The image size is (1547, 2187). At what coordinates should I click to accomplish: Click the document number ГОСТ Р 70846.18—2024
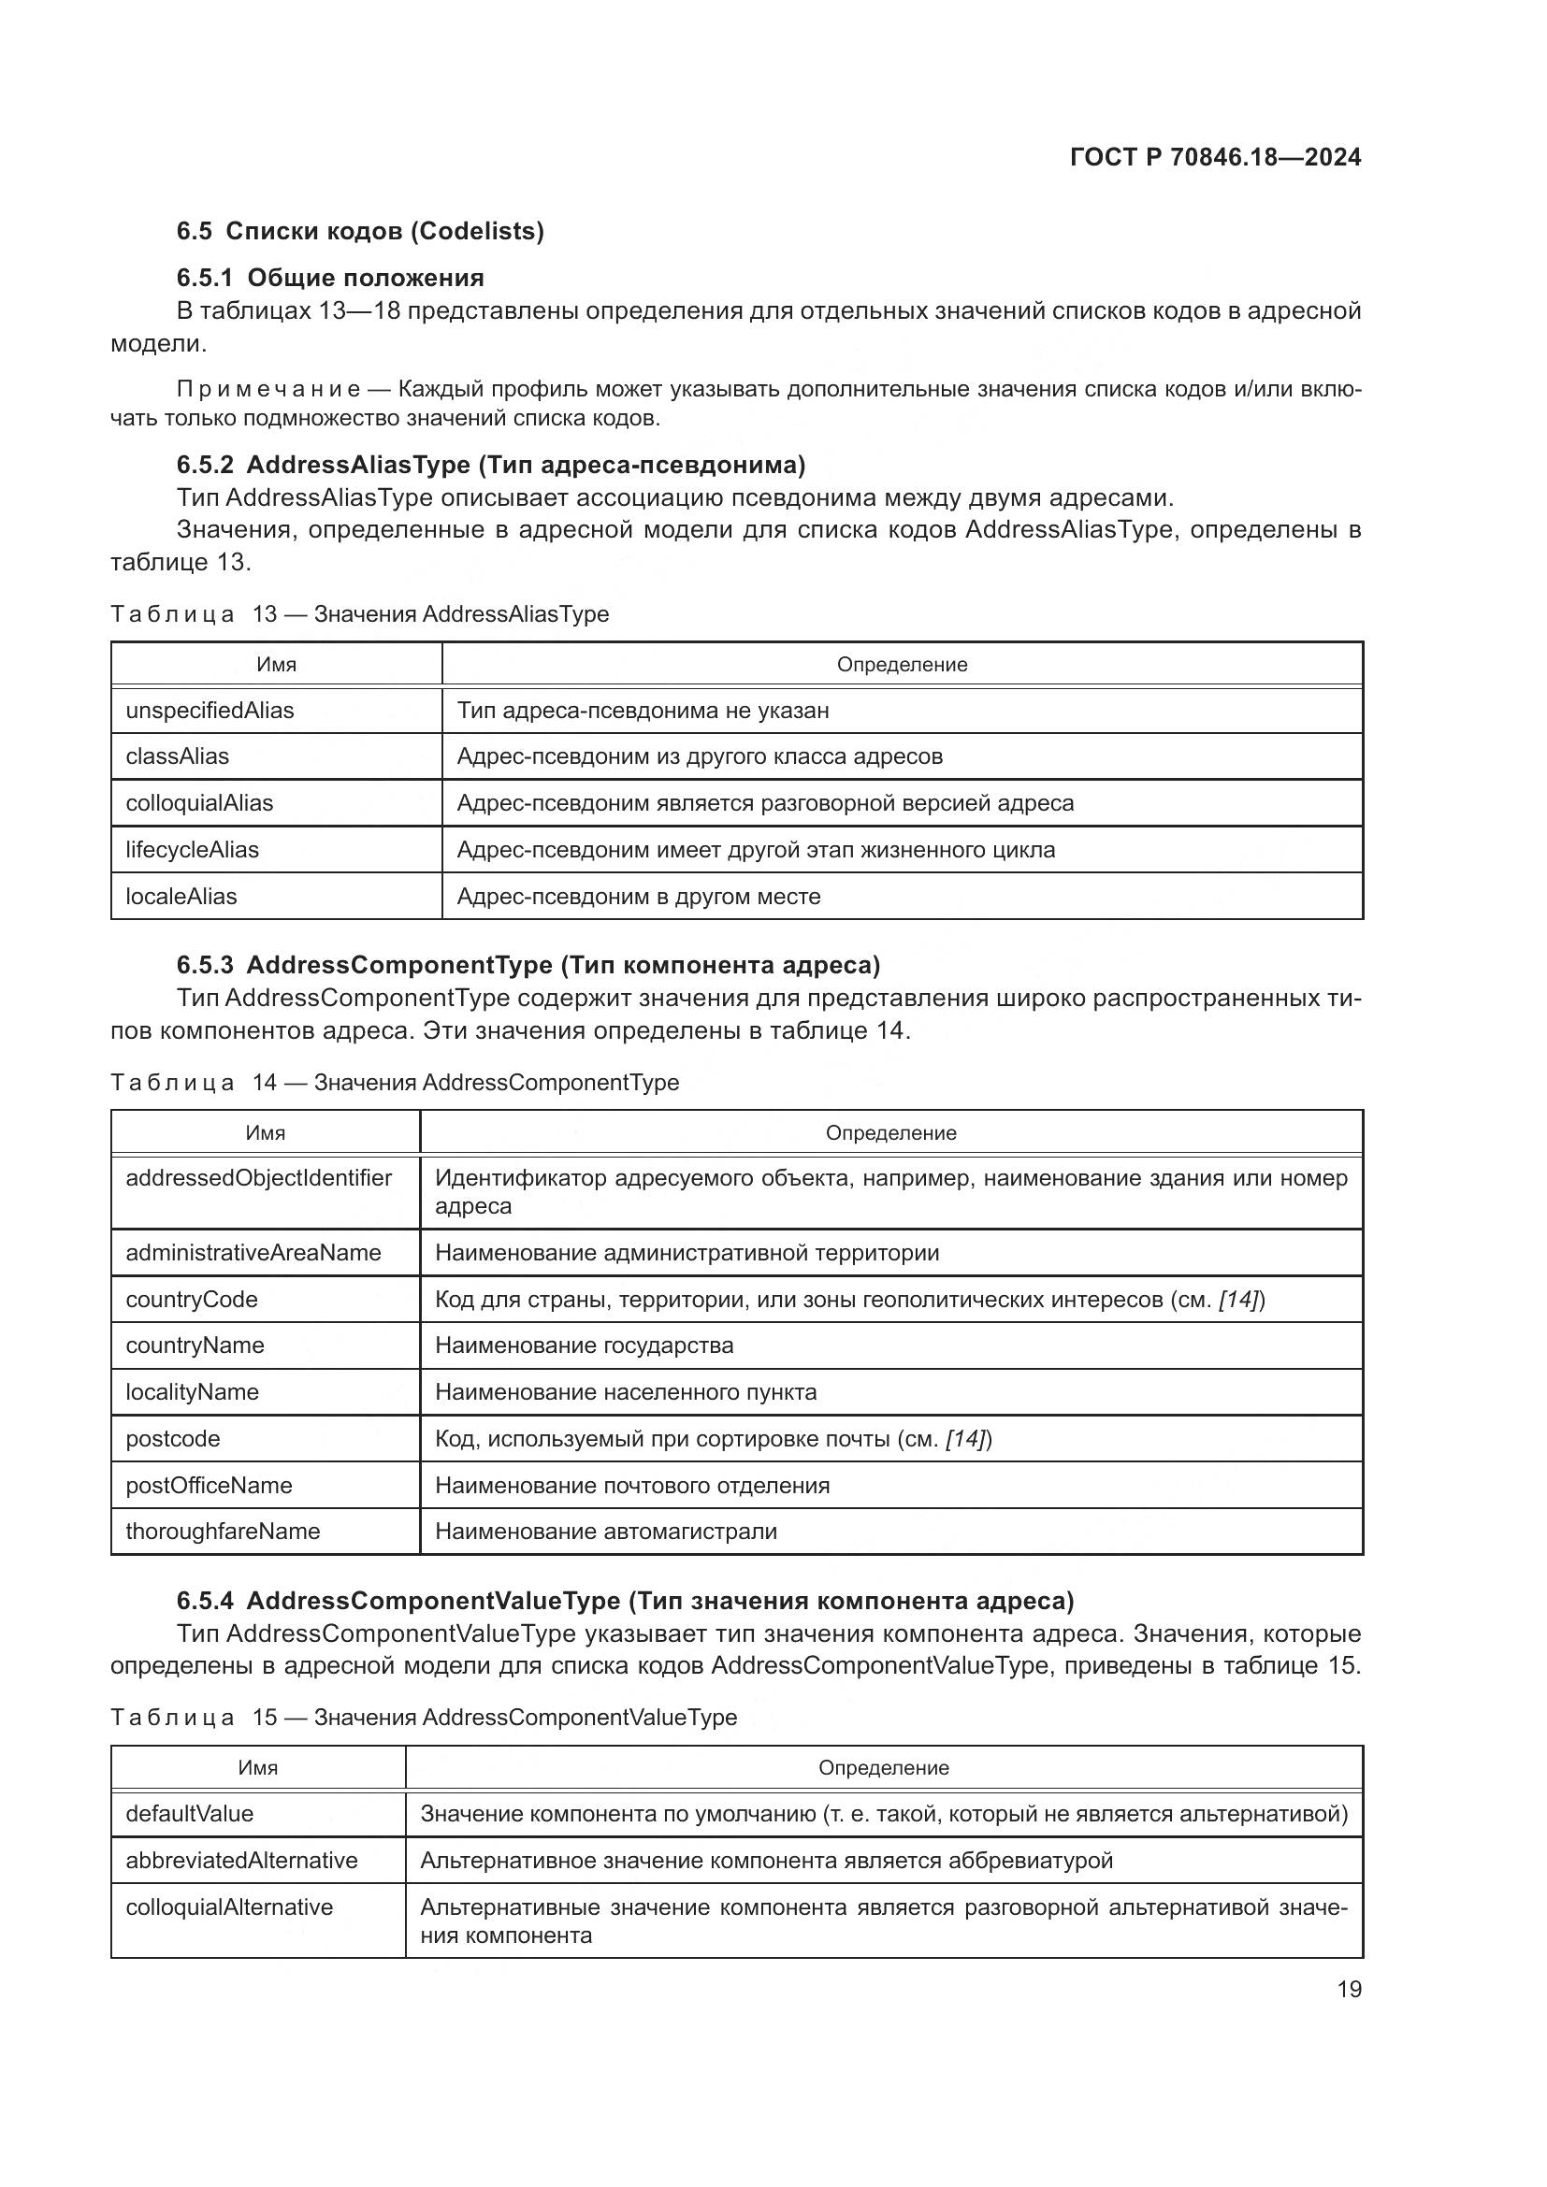pyautogui.click(x=1215, y=157)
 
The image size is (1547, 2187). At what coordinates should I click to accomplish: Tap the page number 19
pyautogui.click(x=1349, y=1989)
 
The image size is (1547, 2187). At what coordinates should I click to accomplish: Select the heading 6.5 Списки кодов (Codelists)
pyautogui.click(x=360, y=231)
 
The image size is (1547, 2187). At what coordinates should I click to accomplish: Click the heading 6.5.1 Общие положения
pyautogui.click(x=329, y=277)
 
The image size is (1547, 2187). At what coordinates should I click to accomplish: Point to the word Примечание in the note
pyautogui.click(x=268, y=389)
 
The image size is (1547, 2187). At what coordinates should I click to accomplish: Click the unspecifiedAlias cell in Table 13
pyautogui.click(x=210, y=710)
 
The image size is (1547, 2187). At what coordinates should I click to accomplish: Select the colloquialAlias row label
pyautogui.click(x=199, y=803)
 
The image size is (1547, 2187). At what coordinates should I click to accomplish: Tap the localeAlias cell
pyautogui.click(x=181, y=897)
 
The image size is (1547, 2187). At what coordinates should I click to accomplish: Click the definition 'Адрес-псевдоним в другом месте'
pyautogui.click(x=638, y=897)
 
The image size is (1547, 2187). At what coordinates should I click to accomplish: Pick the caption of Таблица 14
pyautogui.click(x=395, y=1082)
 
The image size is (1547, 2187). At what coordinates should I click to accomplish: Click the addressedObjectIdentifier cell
pyautogui.click(x=258, y=1178)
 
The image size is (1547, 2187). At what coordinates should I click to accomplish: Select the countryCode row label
pyautogui.click(x=192, y=1300)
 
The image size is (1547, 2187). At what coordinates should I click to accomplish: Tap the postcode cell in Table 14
pyautogui.click(x=172, y=1438)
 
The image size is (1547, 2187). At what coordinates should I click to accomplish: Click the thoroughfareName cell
pyautogui.click(x=223, y=1531)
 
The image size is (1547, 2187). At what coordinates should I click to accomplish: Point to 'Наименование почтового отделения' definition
pyautogui.click(x=631, y=1485)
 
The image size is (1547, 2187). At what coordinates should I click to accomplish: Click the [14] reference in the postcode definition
pyautogui.click(x=967, y=1438)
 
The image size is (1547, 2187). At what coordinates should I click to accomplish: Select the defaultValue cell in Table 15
pyautogui.click(x=190, y=1813)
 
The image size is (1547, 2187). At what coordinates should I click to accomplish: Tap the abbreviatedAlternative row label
pyautogui.click(x=241, y=1861)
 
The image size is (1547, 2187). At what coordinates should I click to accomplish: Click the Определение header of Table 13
pyautogui.click(x=901, y=665)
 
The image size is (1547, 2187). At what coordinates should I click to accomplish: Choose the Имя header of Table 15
pyautogui.click(x=257, y=1767)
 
